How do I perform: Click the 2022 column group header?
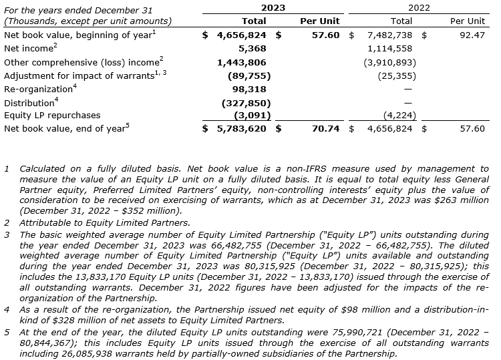point(419,8)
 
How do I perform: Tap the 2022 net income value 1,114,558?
point(389,48)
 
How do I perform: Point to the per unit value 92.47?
point(472,34)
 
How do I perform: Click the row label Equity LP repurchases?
point(52,115)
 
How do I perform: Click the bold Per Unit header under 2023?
point(320,21)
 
